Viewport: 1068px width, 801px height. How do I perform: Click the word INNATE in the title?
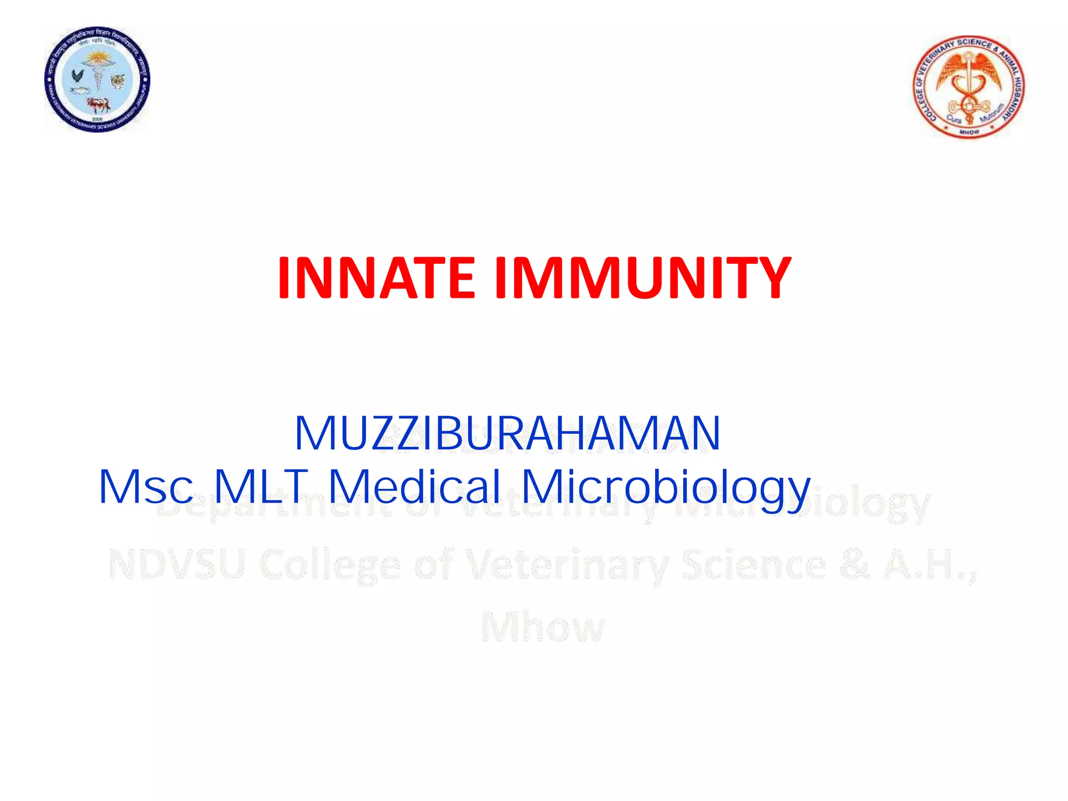tap(375, 278)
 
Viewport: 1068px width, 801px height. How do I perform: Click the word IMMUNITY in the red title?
tap(643, 278)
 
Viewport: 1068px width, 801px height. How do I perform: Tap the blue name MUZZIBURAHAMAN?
tap(507, 433)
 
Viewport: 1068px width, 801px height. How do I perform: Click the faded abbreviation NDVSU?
tap(176, 565)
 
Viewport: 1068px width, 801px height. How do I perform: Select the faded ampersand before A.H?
tap(855, 565)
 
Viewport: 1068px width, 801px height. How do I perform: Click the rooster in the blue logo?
tap(77, 76)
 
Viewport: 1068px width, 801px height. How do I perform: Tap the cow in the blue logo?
tap(98, 105)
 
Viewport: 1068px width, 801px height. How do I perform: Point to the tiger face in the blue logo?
tap(118, 81)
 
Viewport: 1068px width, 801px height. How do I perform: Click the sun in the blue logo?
tap(97, 57)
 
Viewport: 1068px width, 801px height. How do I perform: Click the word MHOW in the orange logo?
tap(969, 132)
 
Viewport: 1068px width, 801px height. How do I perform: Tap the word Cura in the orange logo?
tap(954, 119)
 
